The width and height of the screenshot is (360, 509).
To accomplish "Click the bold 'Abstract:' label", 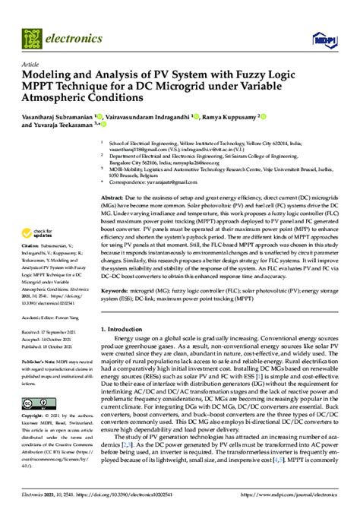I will [114, 196].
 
